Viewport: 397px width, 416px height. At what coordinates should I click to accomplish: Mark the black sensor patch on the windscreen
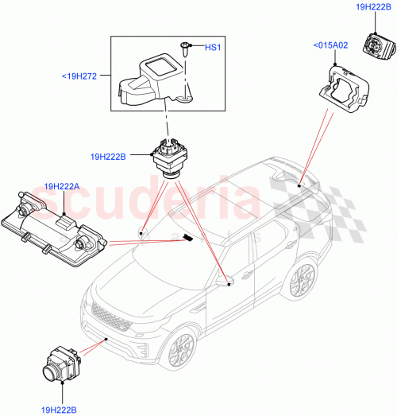187,237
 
